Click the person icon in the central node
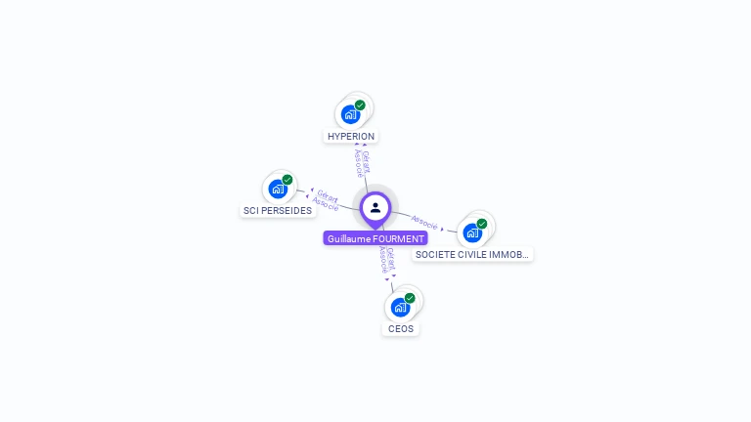375,207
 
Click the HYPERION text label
351,137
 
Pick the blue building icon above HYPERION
350,113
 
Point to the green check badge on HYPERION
360,105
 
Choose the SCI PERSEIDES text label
278,211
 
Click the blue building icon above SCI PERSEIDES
278,189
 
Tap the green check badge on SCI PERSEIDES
287,180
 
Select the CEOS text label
401,329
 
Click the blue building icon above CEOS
400,307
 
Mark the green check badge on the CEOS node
410,298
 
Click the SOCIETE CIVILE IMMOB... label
472,254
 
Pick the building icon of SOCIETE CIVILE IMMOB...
472,232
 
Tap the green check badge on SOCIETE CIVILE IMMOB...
482,224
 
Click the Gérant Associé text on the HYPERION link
362,163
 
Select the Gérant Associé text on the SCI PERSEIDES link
326,201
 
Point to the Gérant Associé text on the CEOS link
386,259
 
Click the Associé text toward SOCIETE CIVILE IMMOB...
423,222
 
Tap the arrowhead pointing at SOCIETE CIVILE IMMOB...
443,230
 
